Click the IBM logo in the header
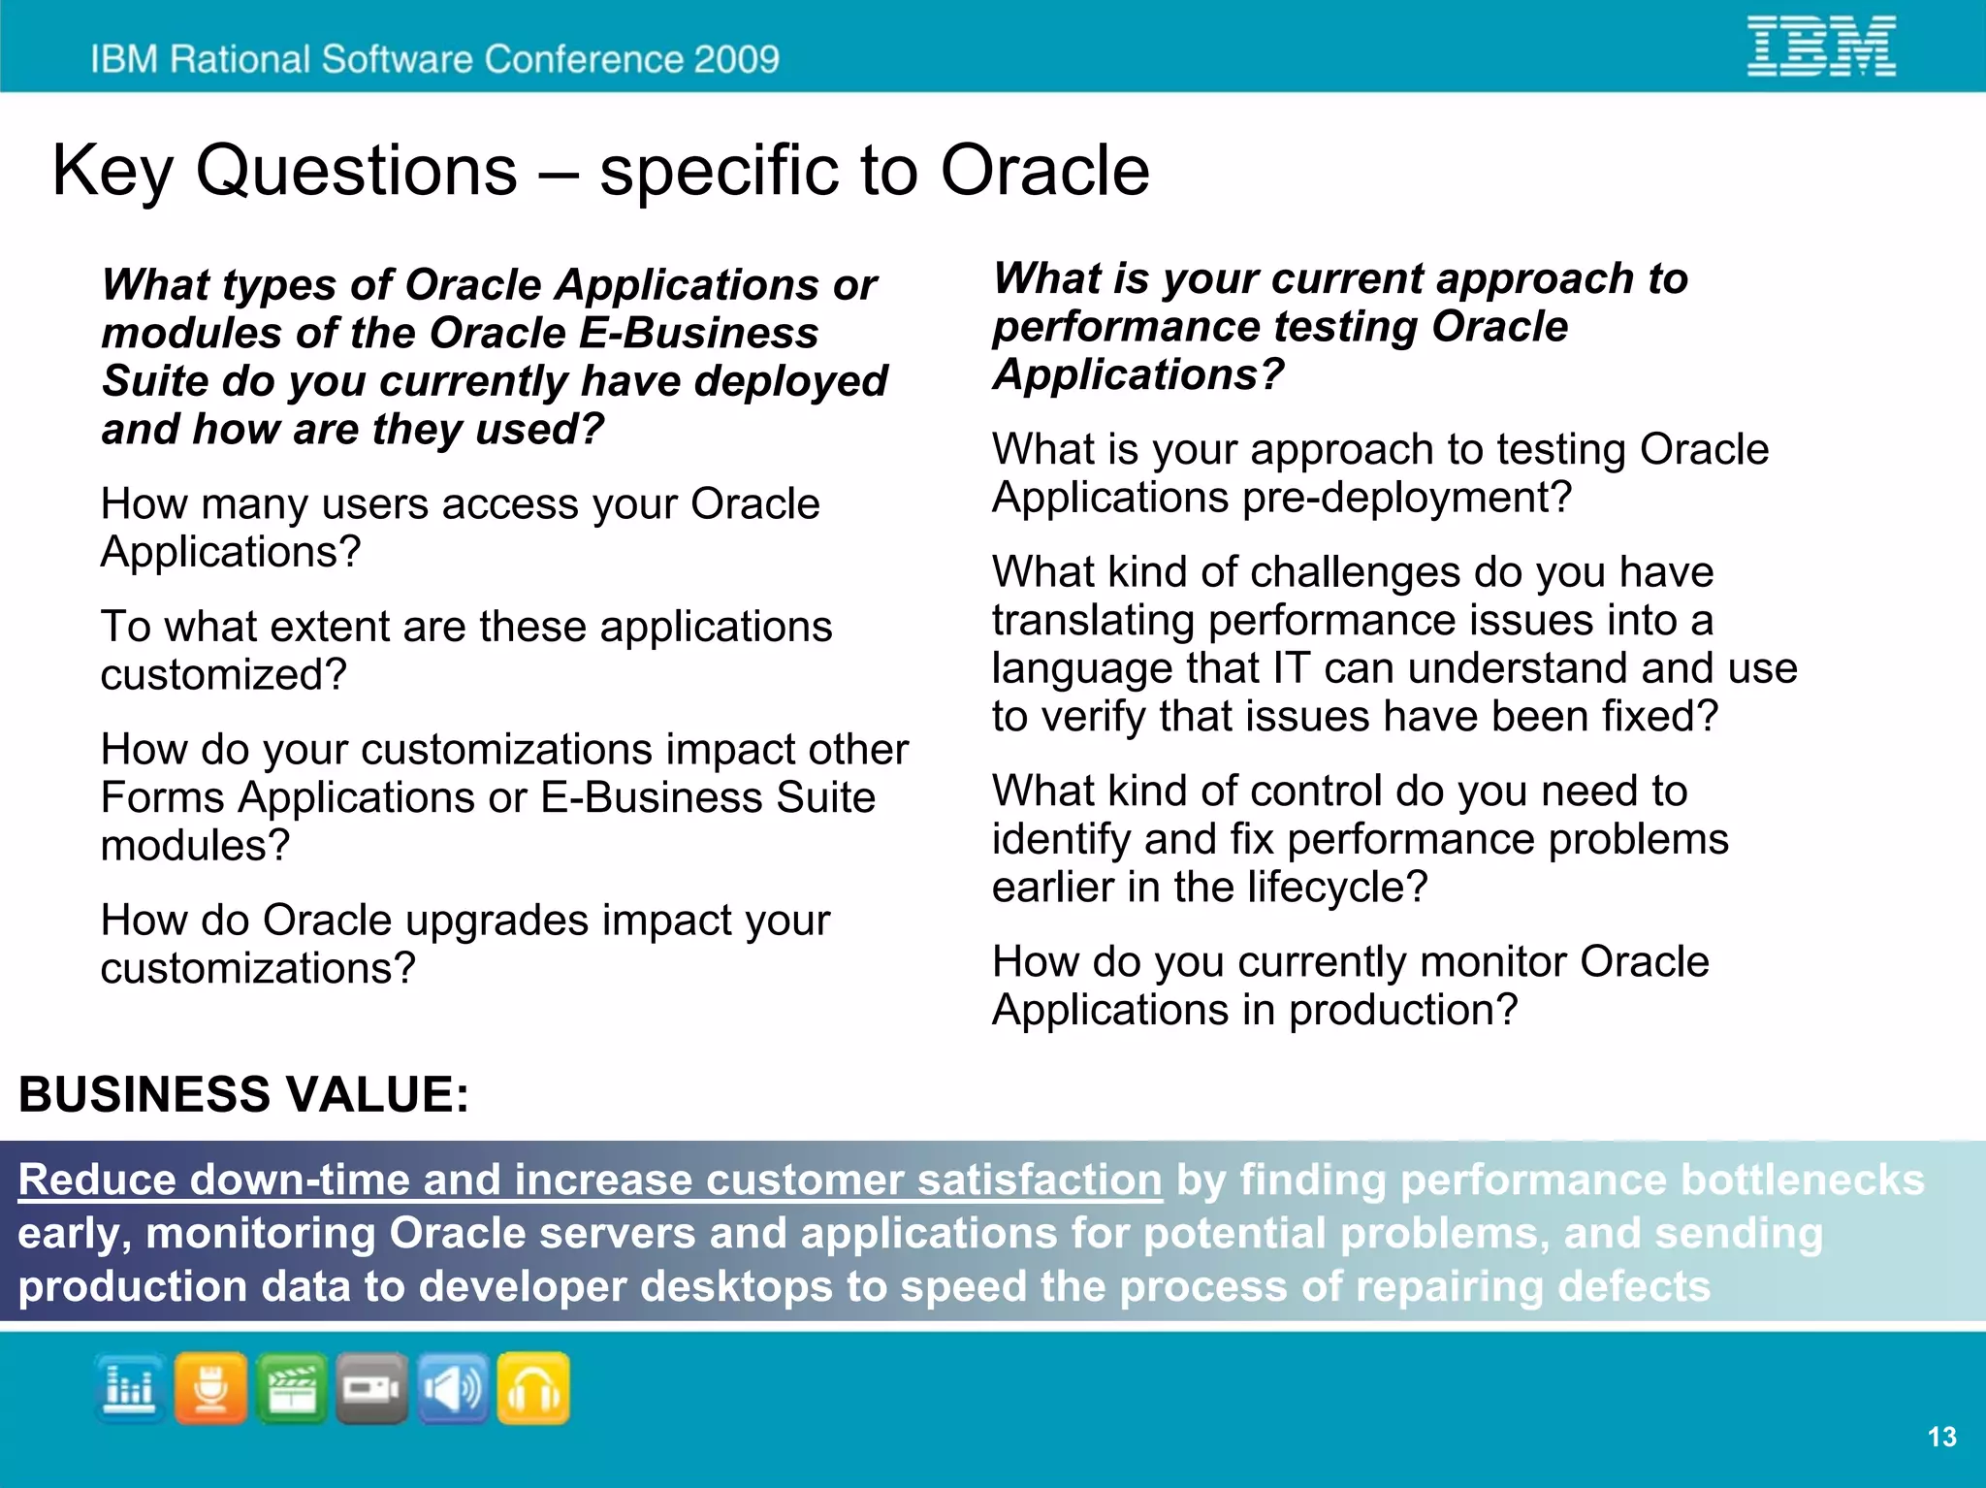point(1820,47)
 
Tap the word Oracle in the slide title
point(1044,171)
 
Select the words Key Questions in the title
point(284,171)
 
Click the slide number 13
point(1941,1437)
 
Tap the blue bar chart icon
point(130,1388)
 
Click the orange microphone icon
point(210,1388)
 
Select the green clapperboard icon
point(291,1388)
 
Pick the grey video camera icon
point(371,1388)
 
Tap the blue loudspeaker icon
point(453,1388)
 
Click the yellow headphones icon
point(533,1388)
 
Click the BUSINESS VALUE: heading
point(243,1094)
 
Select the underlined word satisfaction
point(1039,1180)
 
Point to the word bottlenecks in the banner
point(1802,1180)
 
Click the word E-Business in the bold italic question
point(698,333)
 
